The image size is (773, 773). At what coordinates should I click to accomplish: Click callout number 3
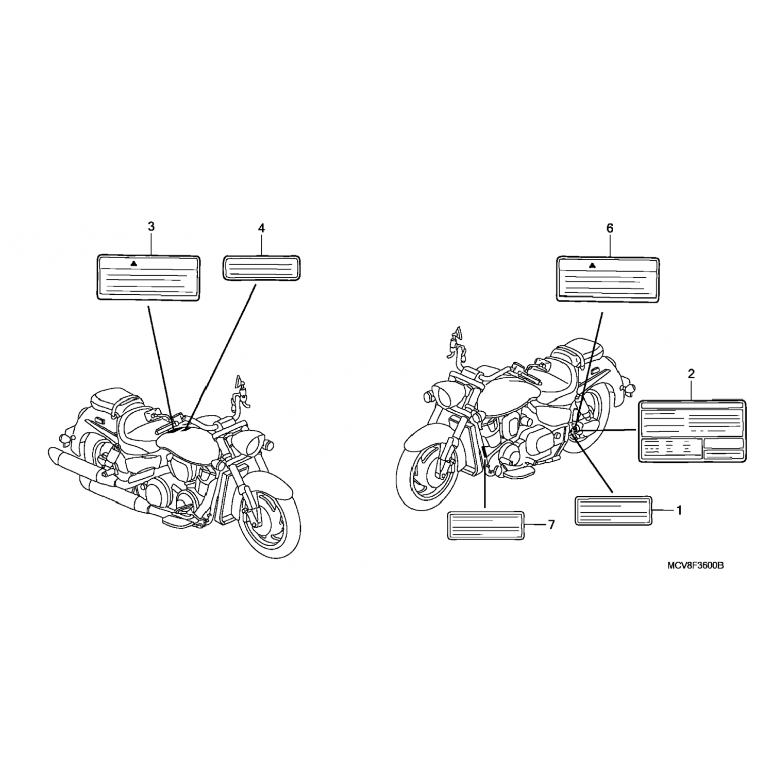(x=151, y=226)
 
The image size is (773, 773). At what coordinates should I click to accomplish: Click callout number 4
(x=261, y=228)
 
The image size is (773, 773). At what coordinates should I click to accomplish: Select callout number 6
(x=610, y=228)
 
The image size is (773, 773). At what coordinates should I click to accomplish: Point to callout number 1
(x=679, y=510)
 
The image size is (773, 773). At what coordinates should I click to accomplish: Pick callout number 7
(x=551, y=525)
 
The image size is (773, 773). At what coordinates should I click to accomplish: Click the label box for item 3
(x=148, y=278)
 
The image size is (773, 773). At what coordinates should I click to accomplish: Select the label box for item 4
(x=262, y=268)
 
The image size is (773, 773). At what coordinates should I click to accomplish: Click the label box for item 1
(x=613, y=511)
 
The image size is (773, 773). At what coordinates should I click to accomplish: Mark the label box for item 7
(x=486, y=526)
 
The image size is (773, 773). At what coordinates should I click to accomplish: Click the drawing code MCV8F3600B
(x=696, y=565)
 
